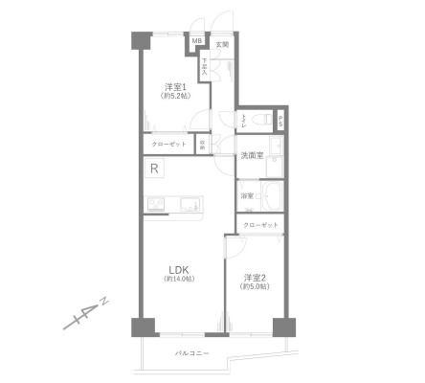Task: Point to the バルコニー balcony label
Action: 191,354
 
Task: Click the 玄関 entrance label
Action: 221,44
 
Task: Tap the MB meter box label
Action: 196,41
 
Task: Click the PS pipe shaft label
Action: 280,121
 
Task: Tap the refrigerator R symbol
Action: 154,169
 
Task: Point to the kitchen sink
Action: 188,202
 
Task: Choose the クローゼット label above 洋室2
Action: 260,225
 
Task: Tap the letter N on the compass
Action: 104,303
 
